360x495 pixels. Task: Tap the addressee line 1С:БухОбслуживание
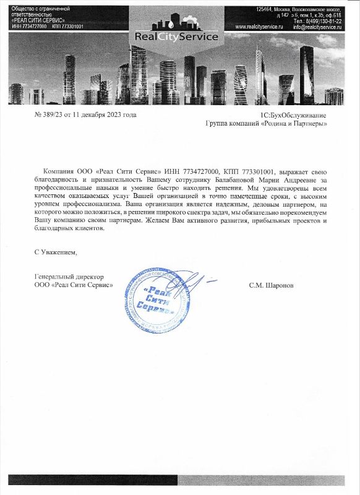(293, 116)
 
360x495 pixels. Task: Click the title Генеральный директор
(69, 277)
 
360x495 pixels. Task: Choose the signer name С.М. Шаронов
(272, 286)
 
